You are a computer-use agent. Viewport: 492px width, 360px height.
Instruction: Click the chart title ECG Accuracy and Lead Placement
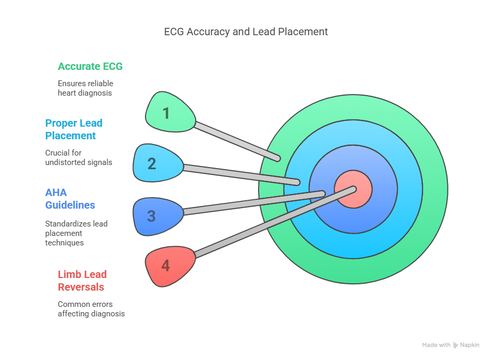[x=245, y=32]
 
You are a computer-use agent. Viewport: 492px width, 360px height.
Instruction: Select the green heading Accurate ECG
[x=90, y=66]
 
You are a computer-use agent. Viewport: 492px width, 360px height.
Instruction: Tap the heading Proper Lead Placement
[x=74, y=129]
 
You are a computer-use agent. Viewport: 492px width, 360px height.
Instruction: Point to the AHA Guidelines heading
[x=70, y=199]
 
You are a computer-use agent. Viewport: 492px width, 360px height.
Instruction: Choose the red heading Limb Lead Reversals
[x=82, y=281]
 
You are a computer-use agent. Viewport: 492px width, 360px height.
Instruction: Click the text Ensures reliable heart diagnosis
[x=85, y=88]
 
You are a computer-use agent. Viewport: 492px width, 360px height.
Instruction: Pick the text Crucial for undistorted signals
[x=78, y=158]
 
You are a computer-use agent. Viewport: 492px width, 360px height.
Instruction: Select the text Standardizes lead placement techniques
[x=76, y=233]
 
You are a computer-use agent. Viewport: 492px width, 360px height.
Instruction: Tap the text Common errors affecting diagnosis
[x=91, y=309]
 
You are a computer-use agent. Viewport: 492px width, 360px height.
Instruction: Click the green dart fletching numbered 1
[x=170, y=112]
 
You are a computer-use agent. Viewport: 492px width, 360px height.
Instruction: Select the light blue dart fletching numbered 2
[x=158, y=163]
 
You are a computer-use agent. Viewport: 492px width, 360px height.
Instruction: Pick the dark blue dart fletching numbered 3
[x=158, y=216]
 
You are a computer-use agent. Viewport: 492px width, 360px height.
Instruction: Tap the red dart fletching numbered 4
[x=170, y=266]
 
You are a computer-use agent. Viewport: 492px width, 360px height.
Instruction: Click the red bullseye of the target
[x=353, y=189]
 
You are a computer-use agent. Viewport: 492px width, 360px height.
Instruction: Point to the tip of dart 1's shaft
[x=278, y=159]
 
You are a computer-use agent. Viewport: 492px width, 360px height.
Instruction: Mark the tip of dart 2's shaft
[x=298, y=182]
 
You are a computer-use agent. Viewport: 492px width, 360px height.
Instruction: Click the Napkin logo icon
[x=456, y=345]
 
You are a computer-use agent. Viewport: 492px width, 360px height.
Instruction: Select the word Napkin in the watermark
[x=470, y=345]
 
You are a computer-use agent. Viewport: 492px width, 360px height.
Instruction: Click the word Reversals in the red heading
[x=81, y=287]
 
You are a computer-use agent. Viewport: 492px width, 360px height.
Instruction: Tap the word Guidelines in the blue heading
[x=70, y=205]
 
